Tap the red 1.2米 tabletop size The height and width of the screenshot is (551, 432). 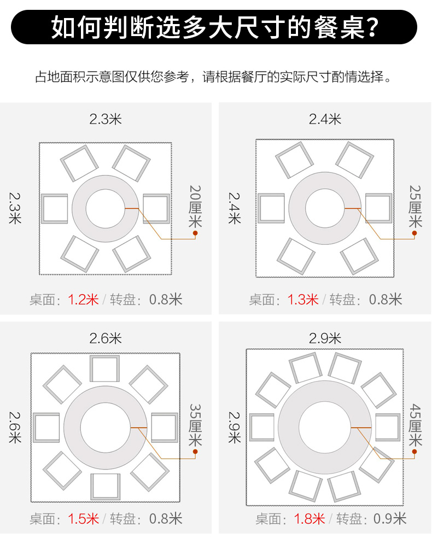[x=83, y=300]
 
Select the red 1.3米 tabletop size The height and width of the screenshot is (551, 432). [x=303, y=300]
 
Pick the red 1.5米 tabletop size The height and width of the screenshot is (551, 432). [x=83, y=519]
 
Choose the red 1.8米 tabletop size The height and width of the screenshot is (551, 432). [x=310, y=519]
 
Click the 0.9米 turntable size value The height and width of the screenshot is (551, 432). [x=390, y=519]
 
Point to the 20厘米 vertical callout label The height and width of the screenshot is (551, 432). [x=195, y=207]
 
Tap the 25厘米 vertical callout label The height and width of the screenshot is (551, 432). [x=415, y=207]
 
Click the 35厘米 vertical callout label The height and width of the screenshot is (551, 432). [x=195, y=425]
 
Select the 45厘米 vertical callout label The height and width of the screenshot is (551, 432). [x=415, y=425]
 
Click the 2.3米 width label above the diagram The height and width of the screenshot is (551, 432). [x=106, y=119]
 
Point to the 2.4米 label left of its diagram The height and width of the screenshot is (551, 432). [x=235, y=208]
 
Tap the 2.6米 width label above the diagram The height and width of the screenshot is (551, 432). [x=106, y=338]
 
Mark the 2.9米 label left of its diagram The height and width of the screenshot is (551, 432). [x=235, y=427]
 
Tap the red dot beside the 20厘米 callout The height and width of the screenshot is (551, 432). [x=195, y=233]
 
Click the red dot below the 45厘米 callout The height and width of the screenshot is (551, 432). [x=415, y=452]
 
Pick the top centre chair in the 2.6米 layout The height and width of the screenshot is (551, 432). [x=105, y=368]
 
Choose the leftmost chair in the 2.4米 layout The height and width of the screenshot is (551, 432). [x=271, y=208]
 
